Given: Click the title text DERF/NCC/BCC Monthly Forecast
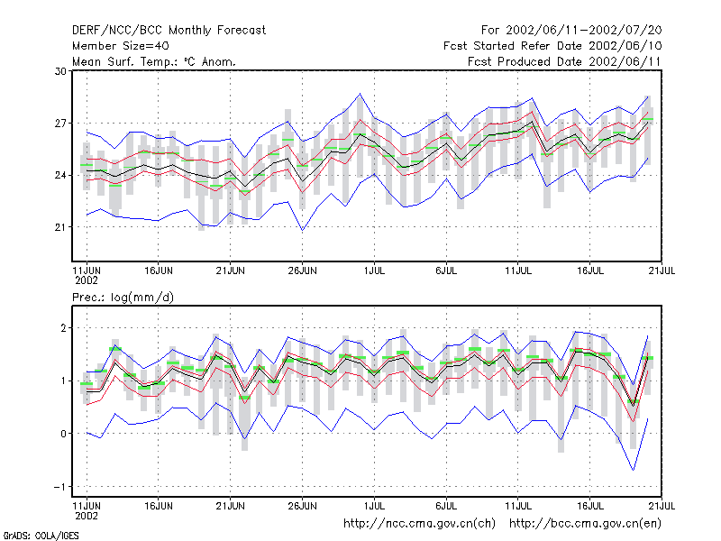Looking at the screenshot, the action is click(169, 31).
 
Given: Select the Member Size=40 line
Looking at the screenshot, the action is click(121, 46).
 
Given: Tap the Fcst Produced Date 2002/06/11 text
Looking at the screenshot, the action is click(564, 61).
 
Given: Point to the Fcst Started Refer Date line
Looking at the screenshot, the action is click(552, 46).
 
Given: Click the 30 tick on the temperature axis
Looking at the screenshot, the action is click(60, 71).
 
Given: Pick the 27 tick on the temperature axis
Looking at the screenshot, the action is click(60, 124).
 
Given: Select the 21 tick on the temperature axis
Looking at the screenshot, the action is click(60, 227).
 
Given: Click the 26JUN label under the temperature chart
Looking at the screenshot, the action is click(303, 270).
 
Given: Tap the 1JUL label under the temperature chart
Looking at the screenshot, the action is click(374, 270).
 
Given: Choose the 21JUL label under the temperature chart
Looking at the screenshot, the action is click(662, 270).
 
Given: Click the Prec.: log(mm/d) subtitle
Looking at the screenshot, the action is click(123, 298).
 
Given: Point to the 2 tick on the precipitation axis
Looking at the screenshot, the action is click(63, 328).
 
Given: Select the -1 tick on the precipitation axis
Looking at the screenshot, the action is click(60, 487).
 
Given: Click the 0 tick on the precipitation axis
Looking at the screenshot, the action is click(63, 434).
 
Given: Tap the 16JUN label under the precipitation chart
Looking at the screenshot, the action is click(159, 506).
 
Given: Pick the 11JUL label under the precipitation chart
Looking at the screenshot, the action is click(518, 506).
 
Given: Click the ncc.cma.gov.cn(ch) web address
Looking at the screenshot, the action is click(419, 524).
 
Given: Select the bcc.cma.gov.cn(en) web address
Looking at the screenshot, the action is click(585, 524).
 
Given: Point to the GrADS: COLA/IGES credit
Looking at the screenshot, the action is click(41, 536).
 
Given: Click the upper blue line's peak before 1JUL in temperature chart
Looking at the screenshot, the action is click(360, 94).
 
